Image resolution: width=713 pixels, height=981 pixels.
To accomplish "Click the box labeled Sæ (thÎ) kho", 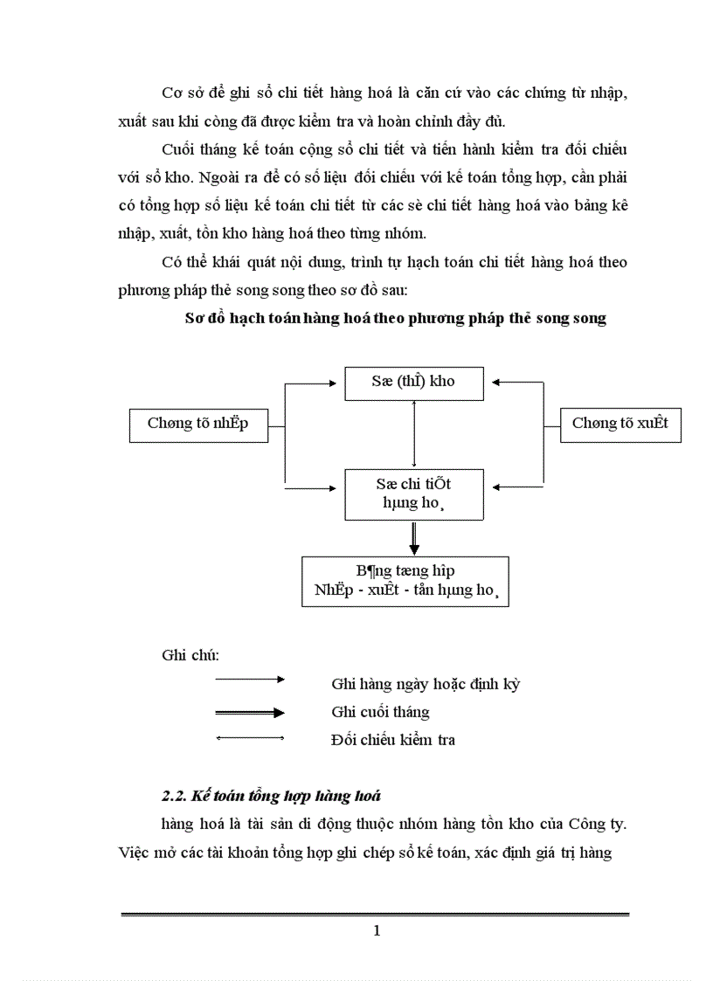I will (x=414, y=383).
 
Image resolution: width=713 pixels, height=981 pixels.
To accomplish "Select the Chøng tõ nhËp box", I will (x=198, y=424).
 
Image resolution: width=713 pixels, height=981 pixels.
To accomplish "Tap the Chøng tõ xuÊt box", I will (x=620, y=424).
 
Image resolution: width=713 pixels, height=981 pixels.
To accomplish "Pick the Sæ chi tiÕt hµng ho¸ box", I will (x=414, y=494).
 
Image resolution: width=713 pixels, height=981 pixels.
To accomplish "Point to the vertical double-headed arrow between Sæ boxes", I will (x=414, y=434).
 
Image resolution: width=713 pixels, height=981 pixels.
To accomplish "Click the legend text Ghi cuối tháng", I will (x=380, y=712).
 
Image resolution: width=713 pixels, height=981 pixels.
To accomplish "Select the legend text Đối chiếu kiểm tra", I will (x=393, y=740).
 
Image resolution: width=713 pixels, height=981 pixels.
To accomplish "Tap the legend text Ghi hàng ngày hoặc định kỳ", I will (x=426, y=684).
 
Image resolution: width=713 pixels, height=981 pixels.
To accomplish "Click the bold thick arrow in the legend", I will (x=250, y=713).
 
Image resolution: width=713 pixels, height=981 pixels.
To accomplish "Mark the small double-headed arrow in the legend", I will (x=250, y=740).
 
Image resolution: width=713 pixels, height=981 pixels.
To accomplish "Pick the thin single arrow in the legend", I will (x=250, y=679).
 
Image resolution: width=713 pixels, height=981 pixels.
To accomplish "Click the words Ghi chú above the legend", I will (x=190, y=654).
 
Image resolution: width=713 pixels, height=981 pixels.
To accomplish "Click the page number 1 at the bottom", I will (x=377, y=930).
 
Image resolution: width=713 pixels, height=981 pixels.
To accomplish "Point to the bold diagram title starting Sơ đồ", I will (x=396, y=318).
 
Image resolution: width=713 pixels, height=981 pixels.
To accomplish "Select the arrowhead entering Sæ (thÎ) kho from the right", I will (x=495, y=382).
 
